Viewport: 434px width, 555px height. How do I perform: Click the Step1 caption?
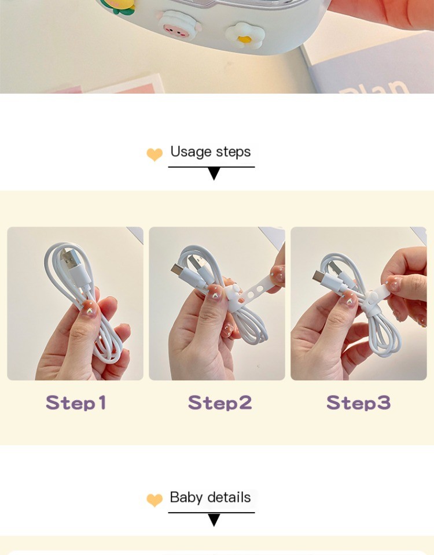pyautogui.click(x=76, y=402)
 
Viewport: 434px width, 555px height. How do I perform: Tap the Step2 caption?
pyautogui.click(x=220, y=402)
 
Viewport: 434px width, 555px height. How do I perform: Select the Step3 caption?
pyautogui.click(x=358, y=402)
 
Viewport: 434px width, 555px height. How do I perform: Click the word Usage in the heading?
pyautogui.click(x=191, y=152)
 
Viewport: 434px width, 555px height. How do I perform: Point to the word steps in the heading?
pyautogui.click(x=233, y=152)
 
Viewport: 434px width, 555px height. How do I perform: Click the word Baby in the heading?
pyautogui.click(x=186, y=498)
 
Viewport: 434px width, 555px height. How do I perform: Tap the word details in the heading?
pyautogui.click(x=229, y=498)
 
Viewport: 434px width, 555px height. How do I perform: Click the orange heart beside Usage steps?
pyautogui.click(x=155, y=154)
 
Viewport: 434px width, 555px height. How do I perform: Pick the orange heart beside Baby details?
pyautogui.click(x=155, y=500)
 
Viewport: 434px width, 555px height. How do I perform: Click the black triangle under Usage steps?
pyautogui.click(x=214, y=173)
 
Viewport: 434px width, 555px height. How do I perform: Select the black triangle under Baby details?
pyautogui.click(x=214, y=520)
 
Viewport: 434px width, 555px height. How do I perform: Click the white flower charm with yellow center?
pyautogui.click(x=245, y=34)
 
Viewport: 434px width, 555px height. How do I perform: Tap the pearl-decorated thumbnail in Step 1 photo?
pyautogui.click(x=90, y=308)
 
